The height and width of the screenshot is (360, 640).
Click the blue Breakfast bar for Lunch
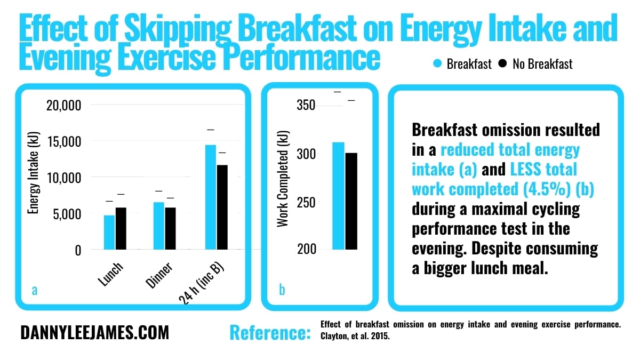tap(109, 232)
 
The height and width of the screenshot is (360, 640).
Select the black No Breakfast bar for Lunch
tap(122, 228)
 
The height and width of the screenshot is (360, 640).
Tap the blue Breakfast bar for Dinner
tap(159, 226)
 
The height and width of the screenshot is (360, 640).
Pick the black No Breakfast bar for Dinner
tap(171, 228)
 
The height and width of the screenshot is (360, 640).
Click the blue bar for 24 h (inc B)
tap(211, 197)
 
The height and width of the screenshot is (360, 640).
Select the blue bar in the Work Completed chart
tap(339, 196)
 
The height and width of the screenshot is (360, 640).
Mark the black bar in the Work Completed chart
tap(351, 201)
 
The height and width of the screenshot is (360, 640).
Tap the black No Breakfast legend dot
tap(502, 64)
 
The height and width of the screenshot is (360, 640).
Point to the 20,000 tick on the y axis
tap(63, 106)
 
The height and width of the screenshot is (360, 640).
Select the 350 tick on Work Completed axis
tap(306, 106)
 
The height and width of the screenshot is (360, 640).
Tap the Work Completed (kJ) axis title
tap(283, 179)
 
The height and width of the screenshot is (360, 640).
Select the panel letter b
tap(282, 290)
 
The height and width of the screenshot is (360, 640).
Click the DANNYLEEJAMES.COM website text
tap(94, 333)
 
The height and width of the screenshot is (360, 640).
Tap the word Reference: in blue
tap(270, 333)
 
